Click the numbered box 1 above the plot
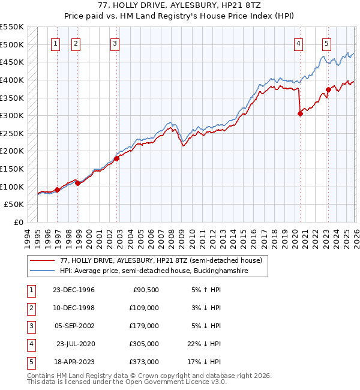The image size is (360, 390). tap(55, 43)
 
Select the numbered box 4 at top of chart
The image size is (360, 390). tap(298, 43)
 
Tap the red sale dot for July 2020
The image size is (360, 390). tap(300, 114)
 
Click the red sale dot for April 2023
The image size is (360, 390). tap(328, 90)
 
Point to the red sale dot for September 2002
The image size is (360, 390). tap(117, 158)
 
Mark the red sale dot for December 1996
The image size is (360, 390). tap(58, 190)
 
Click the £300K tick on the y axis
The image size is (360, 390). tap(12, 115)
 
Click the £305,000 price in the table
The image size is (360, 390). tap(145, 343)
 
